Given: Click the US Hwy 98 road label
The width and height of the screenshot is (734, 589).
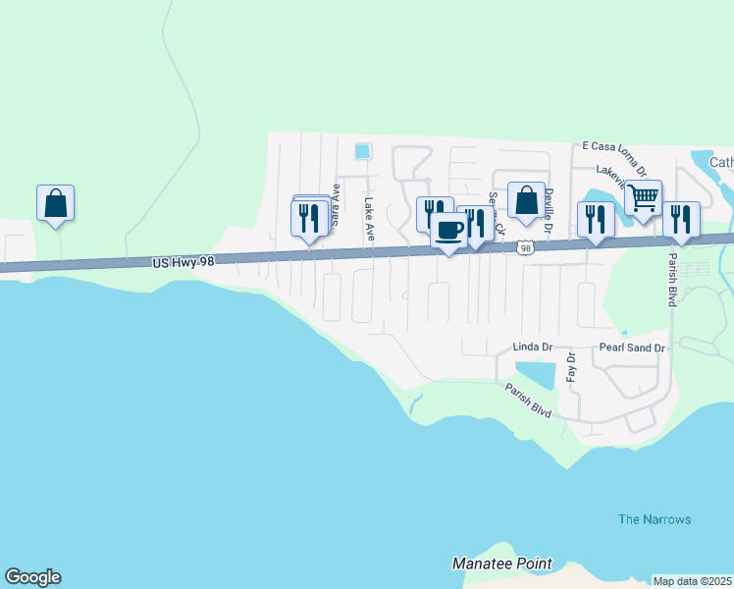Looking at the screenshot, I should coord(183,262).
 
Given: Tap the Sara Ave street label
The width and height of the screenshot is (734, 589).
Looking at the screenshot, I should coord(335,205).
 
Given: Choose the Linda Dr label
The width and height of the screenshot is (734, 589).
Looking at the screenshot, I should coord(533,348).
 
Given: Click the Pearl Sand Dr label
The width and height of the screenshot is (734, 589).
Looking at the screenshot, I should coord(632,348).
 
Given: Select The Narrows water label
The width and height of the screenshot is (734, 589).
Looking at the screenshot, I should coord(655,519).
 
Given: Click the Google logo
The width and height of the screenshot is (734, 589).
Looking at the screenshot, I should coord(32,577).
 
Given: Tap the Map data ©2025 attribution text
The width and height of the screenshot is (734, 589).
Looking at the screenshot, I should coord(693,581).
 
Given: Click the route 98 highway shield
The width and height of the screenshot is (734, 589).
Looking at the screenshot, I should coord(527,248).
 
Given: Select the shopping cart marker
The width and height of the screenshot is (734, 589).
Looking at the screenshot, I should coord(644,197).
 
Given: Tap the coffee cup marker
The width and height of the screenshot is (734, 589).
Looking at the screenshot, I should coord(449,230).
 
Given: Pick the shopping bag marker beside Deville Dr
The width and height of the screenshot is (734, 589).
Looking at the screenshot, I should coord(526,199).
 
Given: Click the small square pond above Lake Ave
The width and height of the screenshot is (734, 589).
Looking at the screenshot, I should coord(362,151).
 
